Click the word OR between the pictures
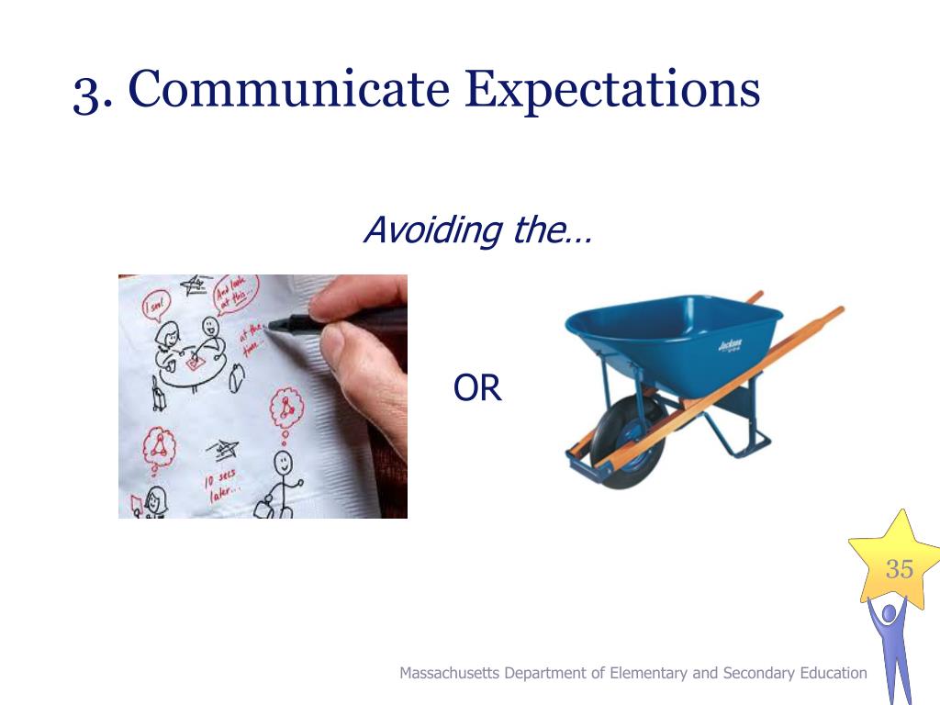477,388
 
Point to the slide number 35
899,569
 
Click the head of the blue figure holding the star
888,612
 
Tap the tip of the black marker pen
267,325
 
